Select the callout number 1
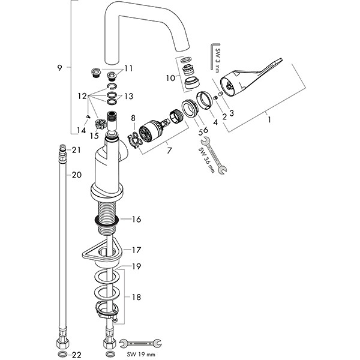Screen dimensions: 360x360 click(269, 120)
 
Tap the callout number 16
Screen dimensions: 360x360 click(136, 220)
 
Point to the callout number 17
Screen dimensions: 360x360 click(136, 250)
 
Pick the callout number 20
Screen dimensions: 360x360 click(76, 175)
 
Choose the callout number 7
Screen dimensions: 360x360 click(169, 149)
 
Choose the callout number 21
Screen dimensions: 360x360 click(76, 149)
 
